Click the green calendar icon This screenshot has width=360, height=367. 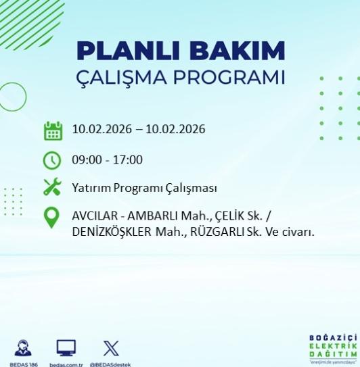click(52, 130)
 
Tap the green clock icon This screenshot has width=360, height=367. click(52, 160)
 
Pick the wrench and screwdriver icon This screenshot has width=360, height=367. click(52, 187)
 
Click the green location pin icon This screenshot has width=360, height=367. click(52, 218)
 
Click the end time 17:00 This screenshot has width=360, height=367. click(129, 160)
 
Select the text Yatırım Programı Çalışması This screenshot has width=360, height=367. click(144, 188)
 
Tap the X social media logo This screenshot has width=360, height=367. click(111, 348)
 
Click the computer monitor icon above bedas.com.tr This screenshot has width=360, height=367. click(66, 348)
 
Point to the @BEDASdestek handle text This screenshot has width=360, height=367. click(111, 364)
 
